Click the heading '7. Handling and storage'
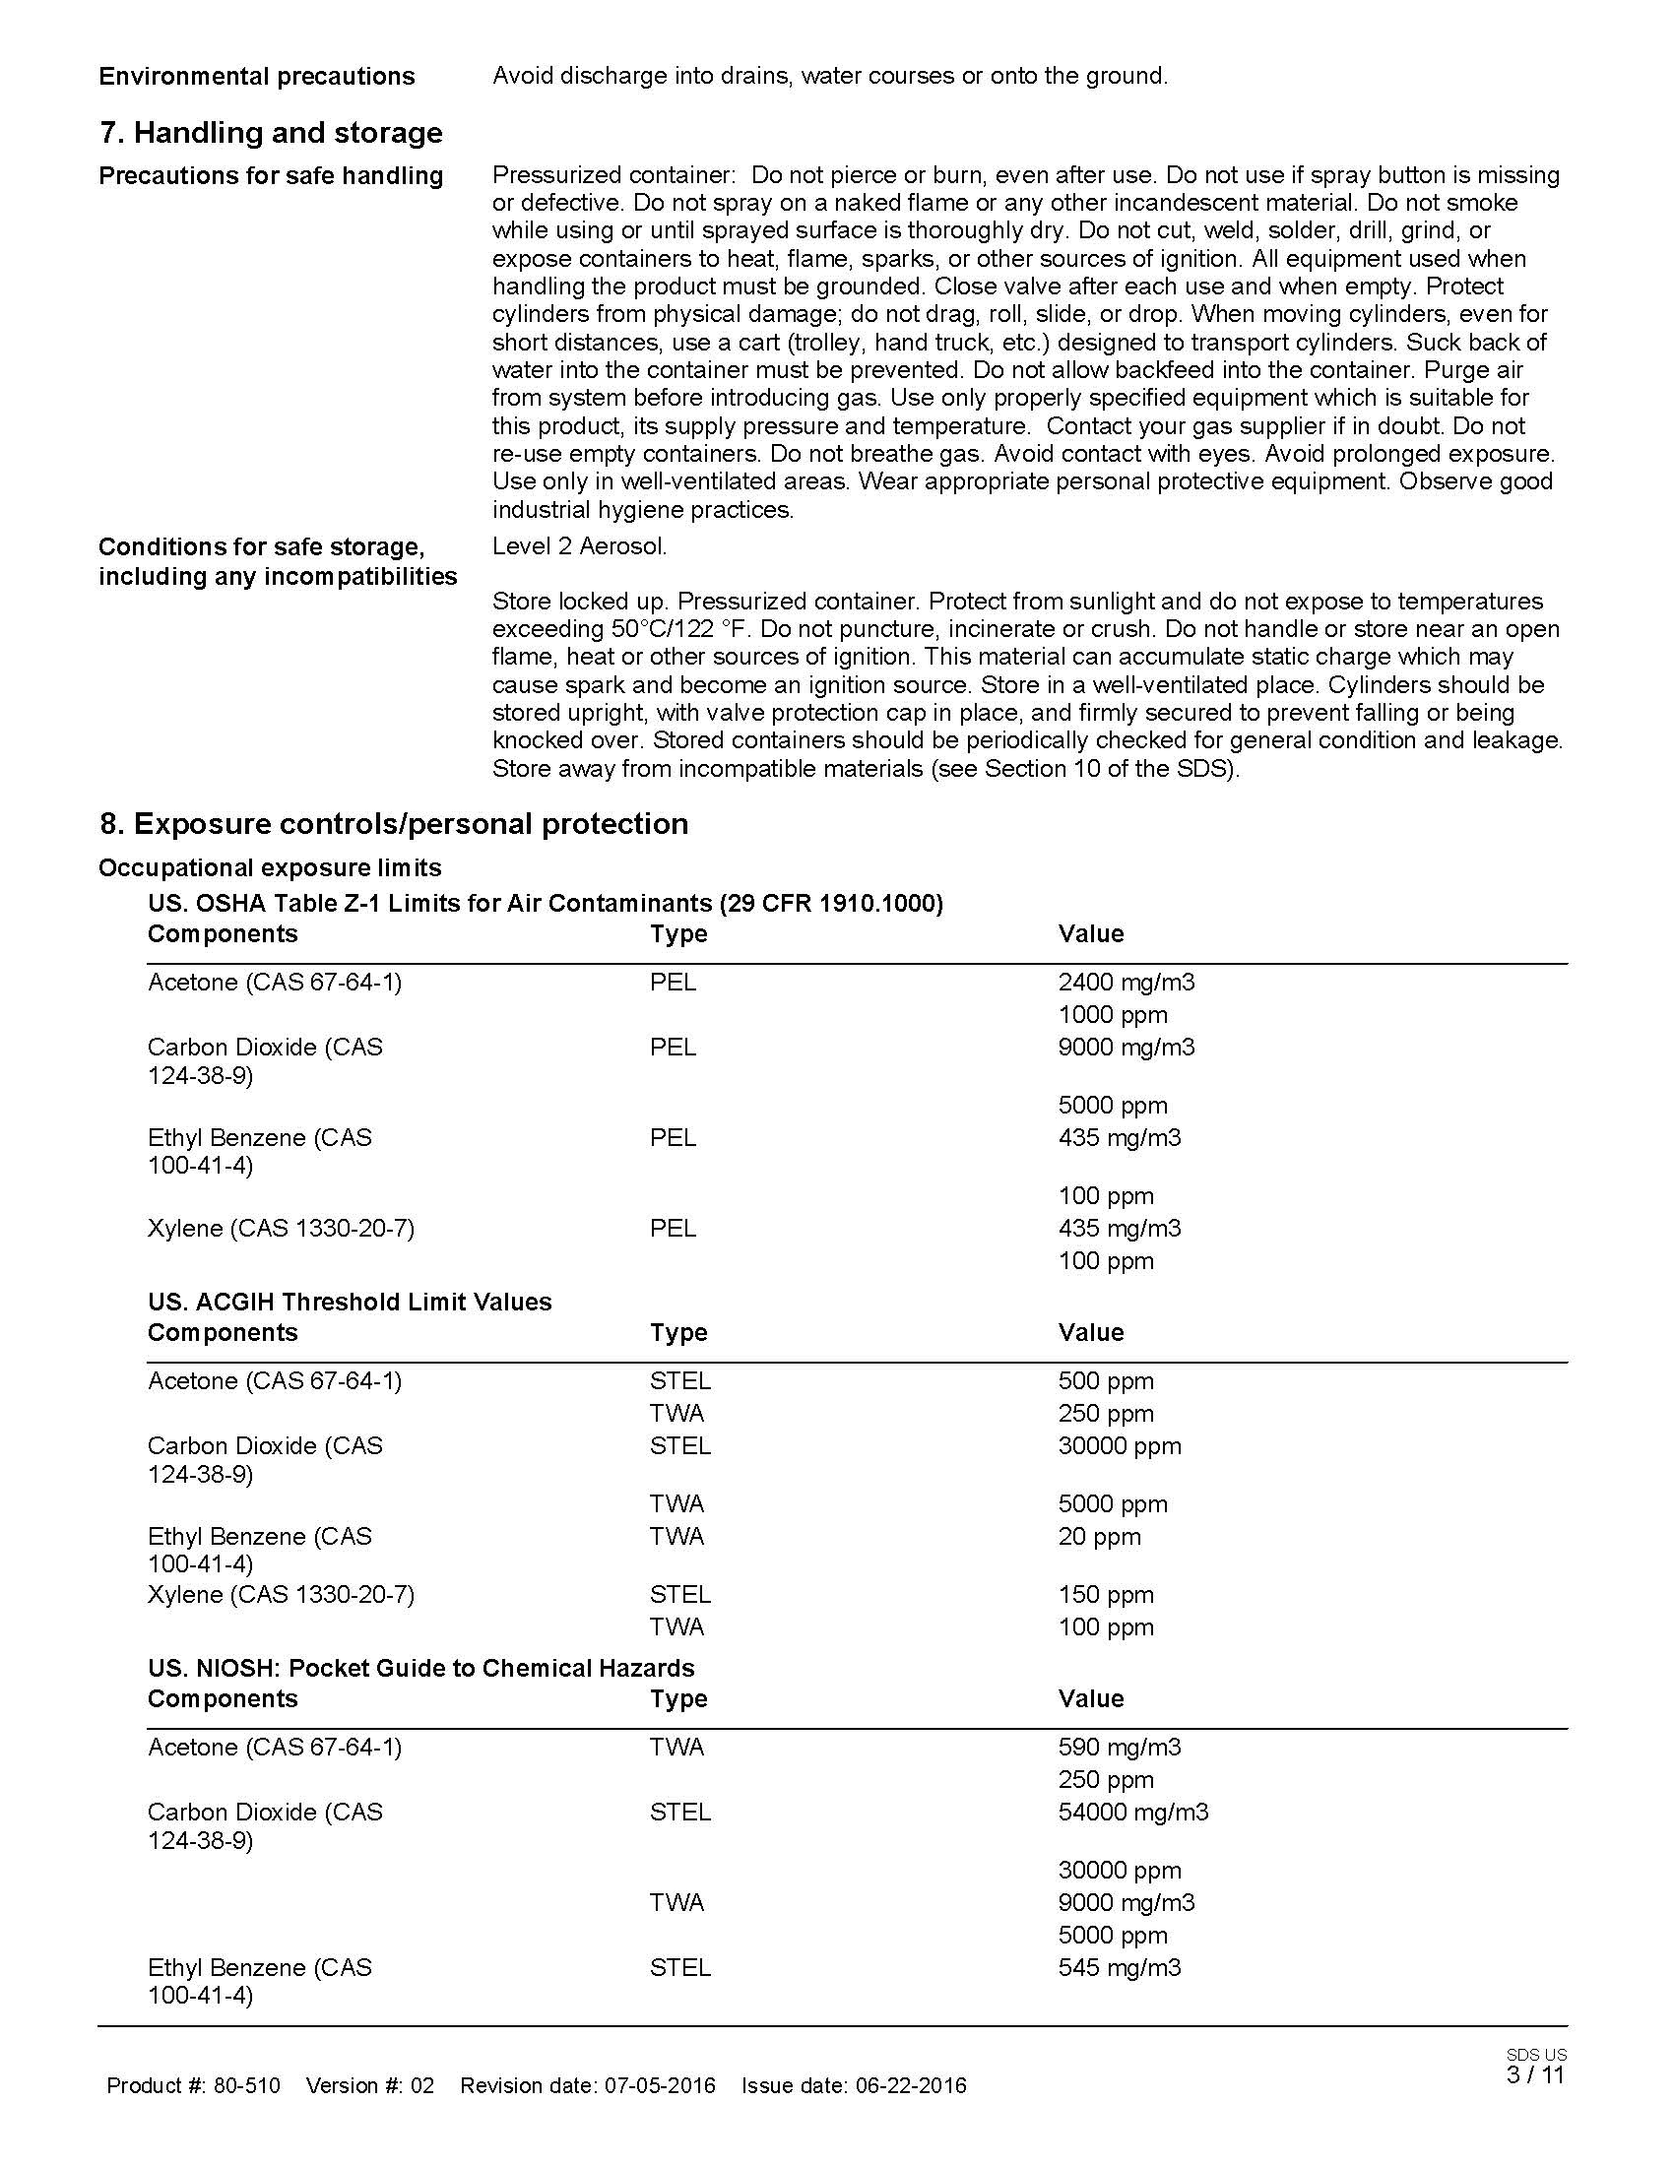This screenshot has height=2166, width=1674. [271, 133]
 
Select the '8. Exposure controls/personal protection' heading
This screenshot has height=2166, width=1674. [394, 823]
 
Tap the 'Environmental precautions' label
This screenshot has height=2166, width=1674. [257, 77]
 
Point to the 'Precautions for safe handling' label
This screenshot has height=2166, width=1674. [271, 175]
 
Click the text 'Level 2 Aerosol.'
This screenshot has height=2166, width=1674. [580, 545]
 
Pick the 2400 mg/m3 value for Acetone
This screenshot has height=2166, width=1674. [1127, 982]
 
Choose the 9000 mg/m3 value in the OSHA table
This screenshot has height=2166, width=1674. [1127, 1047]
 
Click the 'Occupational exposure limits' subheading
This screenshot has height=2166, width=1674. [270, 867]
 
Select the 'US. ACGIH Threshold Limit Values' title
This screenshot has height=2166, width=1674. [351, 1302]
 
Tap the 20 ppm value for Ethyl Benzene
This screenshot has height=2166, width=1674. [1100, 1536]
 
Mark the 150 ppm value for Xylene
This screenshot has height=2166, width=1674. [1106, 1594]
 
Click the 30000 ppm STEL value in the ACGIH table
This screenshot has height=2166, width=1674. [1120, 1446]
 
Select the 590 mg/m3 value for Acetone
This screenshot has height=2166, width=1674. [1120, 1747]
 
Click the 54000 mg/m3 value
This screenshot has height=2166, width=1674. [1133, 1812]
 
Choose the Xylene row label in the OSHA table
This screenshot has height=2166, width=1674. [281, 1228]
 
